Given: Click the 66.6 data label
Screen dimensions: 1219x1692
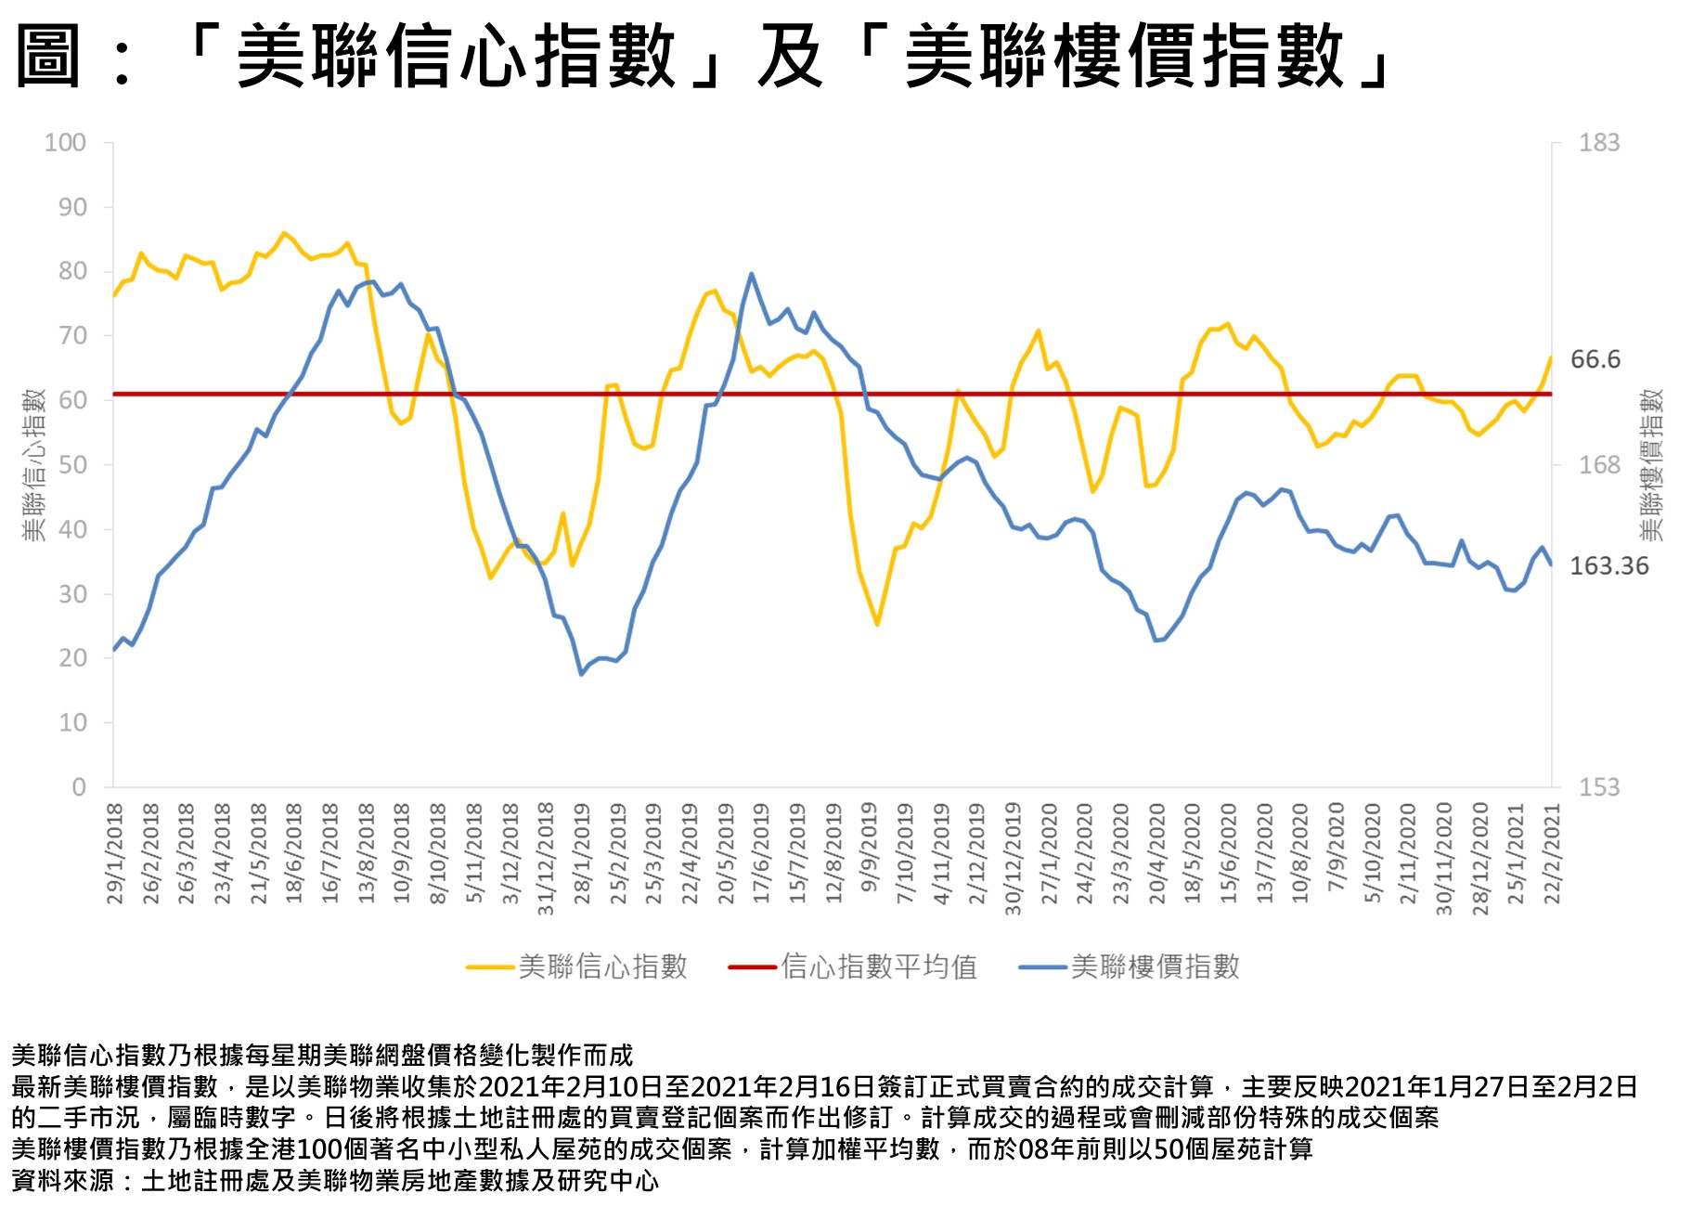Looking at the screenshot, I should pyautogui.click(x=1595, y=359).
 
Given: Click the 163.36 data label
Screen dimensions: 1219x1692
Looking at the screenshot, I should pyautogui.click(x=1608, y=565).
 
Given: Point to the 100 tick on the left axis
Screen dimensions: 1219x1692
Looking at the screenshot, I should pyautogui.click(x=65, y=143).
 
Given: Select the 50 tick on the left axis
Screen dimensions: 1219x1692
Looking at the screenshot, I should pyautogui.click(x=72, y=465).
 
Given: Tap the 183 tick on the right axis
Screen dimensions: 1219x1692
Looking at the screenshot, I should pyautogui.click(x=1599, y=143).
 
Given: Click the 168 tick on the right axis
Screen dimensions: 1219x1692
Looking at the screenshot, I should pyautogui.click(x=1599, y=465).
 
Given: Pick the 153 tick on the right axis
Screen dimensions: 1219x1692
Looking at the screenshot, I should pyautogui.click(x=1599, y=787).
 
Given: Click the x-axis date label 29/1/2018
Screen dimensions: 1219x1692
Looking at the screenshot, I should pyautogui.click(x=115, y=853).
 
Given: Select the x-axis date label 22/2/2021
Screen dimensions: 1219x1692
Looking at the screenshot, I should pyautogui.click(x=1552, y=853).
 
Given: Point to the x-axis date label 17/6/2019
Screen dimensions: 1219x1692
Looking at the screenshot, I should pyautogui.click(x=761, y=853).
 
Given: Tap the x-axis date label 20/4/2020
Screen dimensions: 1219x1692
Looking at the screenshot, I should pyautogui.click(x=1156, y=853).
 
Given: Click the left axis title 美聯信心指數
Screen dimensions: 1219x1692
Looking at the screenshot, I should pyautogui.click(x=33, y=465).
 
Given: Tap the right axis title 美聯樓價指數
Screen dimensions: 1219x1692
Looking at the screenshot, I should pyautogui.click(x=1651, y=465).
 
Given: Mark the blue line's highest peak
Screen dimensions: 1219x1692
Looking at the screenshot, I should pyautogui.click(x=751, y=274).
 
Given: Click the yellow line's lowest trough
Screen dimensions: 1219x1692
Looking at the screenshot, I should pyautogui.click(x=876, y=624).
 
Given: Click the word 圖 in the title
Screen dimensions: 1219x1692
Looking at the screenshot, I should pyautogui.click(x=49, y=57).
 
